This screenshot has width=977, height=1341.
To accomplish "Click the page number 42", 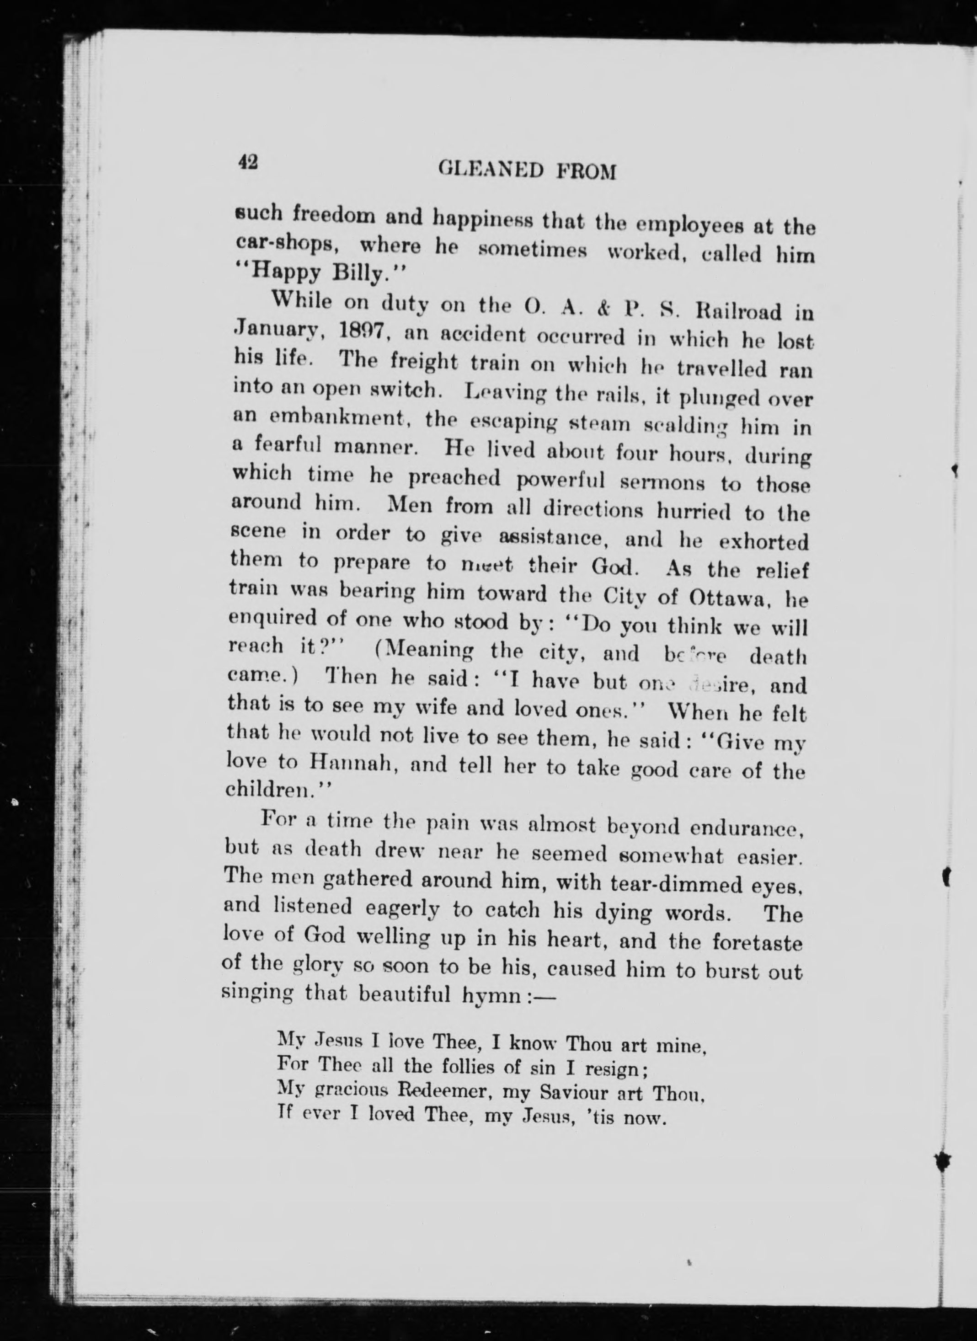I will click(x=248, y=161).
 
